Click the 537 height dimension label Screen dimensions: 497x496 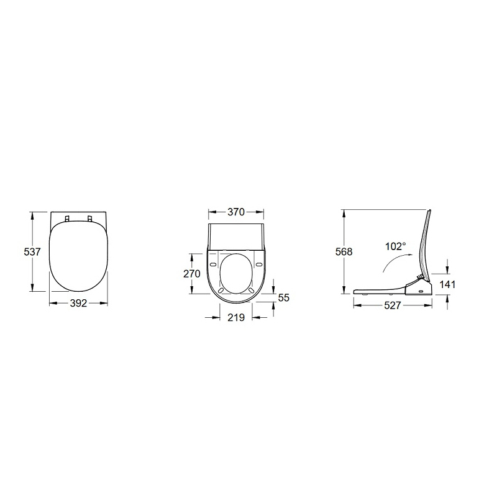pyautogui.click(x=32, y=252)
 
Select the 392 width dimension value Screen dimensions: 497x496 pyautogui.click(x=78, y=304)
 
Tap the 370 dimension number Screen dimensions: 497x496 pyautogui.click(x=236, y=212)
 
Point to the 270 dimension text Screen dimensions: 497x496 pyautogui.click(x=192, y=274)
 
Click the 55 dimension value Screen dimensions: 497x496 pyautogui.click(x=284, y=298)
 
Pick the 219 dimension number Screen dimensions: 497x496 pyautogui.click(x=236, y=317)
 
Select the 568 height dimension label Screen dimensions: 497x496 pyautogui.click(x=344, y=252)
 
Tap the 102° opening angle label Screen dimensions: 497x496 pyautogui.click(x=396, y=246)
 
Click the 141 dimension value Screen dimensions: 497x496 pyautogui.click(x=447, y=284)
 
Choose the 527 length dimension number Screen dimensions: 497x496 pyautogui.click(x=393, y=305)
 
